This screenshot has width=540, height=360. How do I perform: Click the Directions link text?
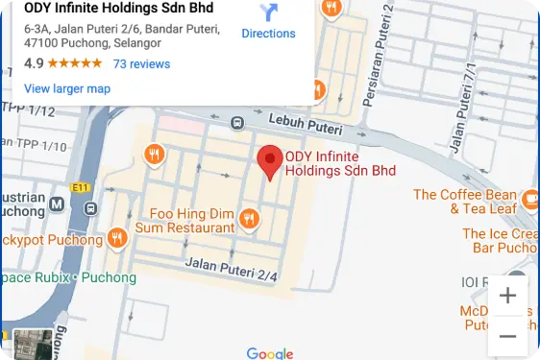[268, 34]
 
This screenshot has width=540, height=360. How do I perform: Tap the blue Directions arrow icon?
[268, 12]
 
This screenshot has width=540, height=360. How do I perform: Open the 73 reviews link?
[141, 64]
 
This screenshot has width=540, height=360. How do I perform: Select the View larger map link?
[66, 88]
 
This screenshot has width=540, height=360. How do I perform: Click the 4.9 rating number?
[34, 64]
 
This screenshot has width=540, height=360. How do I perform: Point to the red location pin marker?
[272, 163]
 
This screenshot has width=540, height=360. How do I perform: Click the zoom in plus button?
[507, 296]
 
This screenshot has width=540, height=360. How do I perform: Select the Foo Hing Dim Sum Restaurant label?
[192, 221]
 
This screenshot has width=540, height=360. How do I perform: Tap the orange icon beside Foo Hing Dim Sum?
[250, 219]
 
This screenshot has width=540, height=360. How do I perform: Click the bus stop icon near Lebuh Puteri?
[236, 123]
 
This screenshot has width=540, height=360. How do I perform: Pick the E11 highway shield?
[79, 187]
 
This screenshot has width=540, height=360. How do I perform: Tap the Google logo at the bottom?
[269, 352]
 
